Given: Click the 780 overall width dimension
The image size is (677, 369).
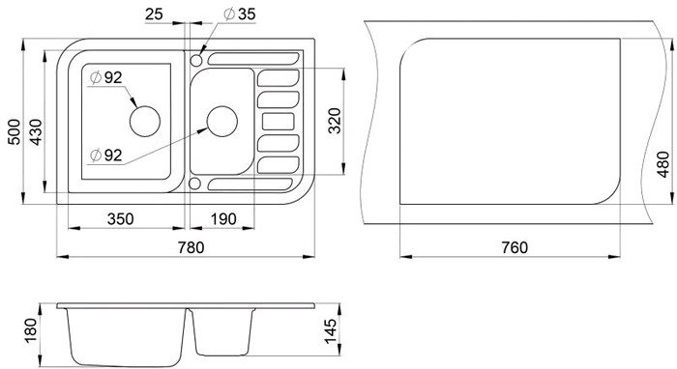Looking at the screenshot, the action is (x=191, y=247).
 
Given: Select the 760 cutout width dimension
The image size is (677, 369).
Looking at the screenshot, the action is (x=515, y=247).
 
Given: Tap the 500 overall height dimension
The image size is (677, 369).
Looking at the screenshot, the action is (x=15, y=131).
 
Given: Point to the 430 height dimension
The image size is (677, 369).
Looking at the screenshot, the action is (x=36, y=131).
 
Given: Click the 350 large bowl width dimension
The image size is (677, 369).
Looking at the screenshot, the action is (x=121, y=219).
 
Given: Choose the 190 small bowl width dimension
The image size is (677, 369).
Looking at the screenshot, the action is (x=223, y=219).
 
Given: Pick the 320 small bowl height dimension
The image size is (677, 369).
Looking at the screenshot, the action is (x=335, y=121).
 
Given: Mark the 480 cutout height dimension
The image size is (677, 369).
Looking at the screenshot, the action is (x=662, y=164).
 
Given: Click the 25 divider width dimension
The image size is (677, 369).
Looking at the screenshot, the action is (x=154, y=14).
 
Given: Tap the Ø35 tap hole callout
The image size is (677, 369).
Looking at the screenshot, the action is (x=240, y=14).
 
